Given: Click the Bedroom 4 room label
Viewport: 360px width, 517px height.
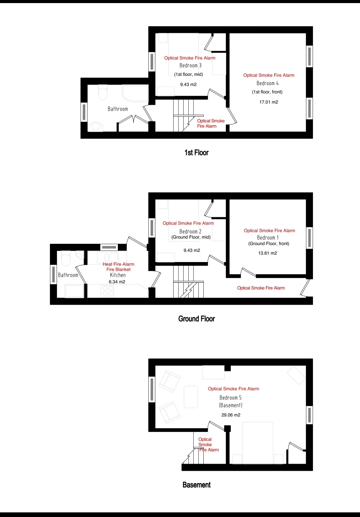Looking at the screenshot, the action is tap(267, 83).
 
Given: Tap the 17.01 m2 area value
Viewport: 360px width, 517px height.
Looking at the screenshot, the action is tap(269, 102).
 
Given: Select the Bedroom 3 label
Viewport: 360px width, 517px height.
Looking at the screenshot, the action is tap(190, 66).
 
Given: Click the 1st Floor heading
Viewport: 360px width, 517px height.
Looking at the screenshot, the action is tap(197, 152).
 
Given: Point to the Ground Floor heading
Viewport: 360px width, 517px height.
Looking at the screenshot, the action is tap(197, 319).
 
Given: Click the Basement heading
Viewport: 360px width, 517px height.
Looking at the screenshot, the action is tap(197, 485).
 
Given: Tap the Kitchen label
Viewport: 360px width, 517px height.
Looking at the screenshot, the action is tap(118, 275).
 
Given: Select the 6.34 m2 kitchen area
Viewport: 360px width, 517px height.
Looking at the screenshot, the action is tap(117, 282).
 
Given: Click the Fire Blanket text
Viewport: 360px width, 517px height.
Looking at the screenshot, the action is tap(118, 269).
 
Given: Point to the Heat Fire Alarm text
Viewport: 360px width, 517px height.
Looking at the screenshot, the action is tap(118, 264).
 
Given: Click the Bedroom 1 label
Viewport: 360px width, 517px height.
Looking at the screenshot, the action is tap(268, 238).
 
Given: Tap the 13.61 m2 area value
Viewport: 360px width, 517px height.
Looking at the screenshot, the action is tap(267, 253).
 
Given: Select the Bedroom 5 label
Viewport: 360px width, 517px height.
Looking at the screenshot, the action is tap(230, 398).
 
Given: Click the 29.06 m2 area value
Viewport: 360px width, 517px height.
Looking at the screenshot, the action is tap(231, 415).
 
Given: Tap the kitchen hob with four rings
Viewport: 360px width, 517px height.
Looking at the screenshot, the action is tap(107, 291).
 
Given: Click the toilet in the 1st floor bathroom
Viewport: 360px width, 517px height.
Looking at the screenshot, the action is tap(103, 92).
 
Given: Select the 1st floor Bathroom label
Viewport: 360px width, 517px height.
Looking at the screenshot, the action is tap(118, 109).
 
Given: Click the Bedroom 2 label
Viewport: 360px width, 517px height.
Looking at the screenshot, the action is tap(190, 232).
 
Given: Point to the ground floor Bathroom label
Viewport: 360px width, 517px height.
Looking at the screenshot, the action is tap(68, 275).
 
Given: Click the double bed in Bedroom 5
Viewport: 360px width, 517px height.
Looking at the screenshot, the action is tap(258, 443).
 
